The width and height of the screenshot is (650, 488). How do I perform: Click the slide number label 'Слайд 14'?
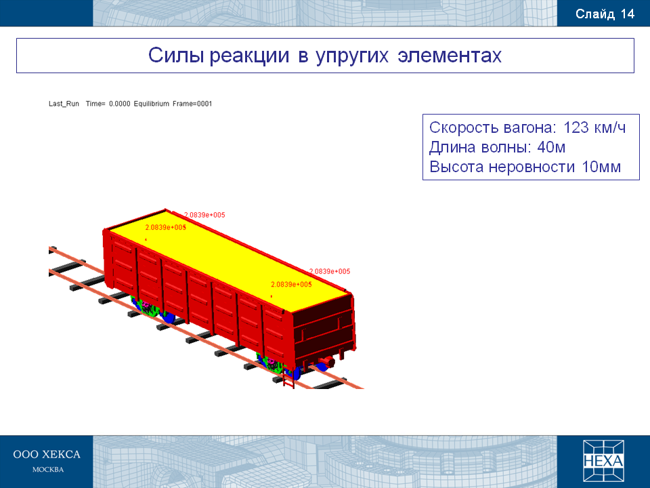[x=605, y=14]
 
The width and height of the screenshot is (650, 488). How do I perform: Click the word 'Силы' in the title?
[x=176, y=55]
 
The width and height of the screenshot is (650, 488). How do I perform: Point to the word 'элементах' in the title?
[x=450, y=56]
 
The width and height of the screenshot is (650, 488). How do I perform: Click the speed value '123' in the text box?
[x=576, y=127]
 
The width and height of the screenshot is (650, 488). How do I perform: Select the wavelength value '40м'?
[x=551, y=147]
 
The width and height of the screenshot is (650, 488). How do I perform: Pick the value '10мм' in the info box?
[x=601, y=167]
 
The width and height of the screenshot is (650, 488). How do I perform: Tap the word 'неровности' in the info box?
[x=532, y=167]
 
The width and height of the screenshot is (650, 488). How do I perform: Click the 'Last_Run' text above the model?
[x=64, y=104]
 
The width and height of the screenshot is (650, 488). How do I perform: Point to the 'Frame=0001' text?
[x=192, y=104]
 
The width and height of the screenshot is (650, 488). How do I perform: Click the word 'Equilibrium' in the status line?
[x=151, y=104]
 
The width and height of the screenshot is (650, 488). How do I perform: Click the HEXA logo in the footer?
[x=603, y=461]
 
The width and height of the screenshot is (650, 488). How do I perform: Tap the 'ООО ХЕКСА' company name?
[x=47, y=454]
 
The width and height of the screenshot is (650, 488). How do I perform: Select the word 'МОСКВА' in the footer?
[x=48, y=470]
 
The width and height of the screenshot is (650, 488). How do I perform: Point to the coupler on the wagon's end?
[x=326, y=362]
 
